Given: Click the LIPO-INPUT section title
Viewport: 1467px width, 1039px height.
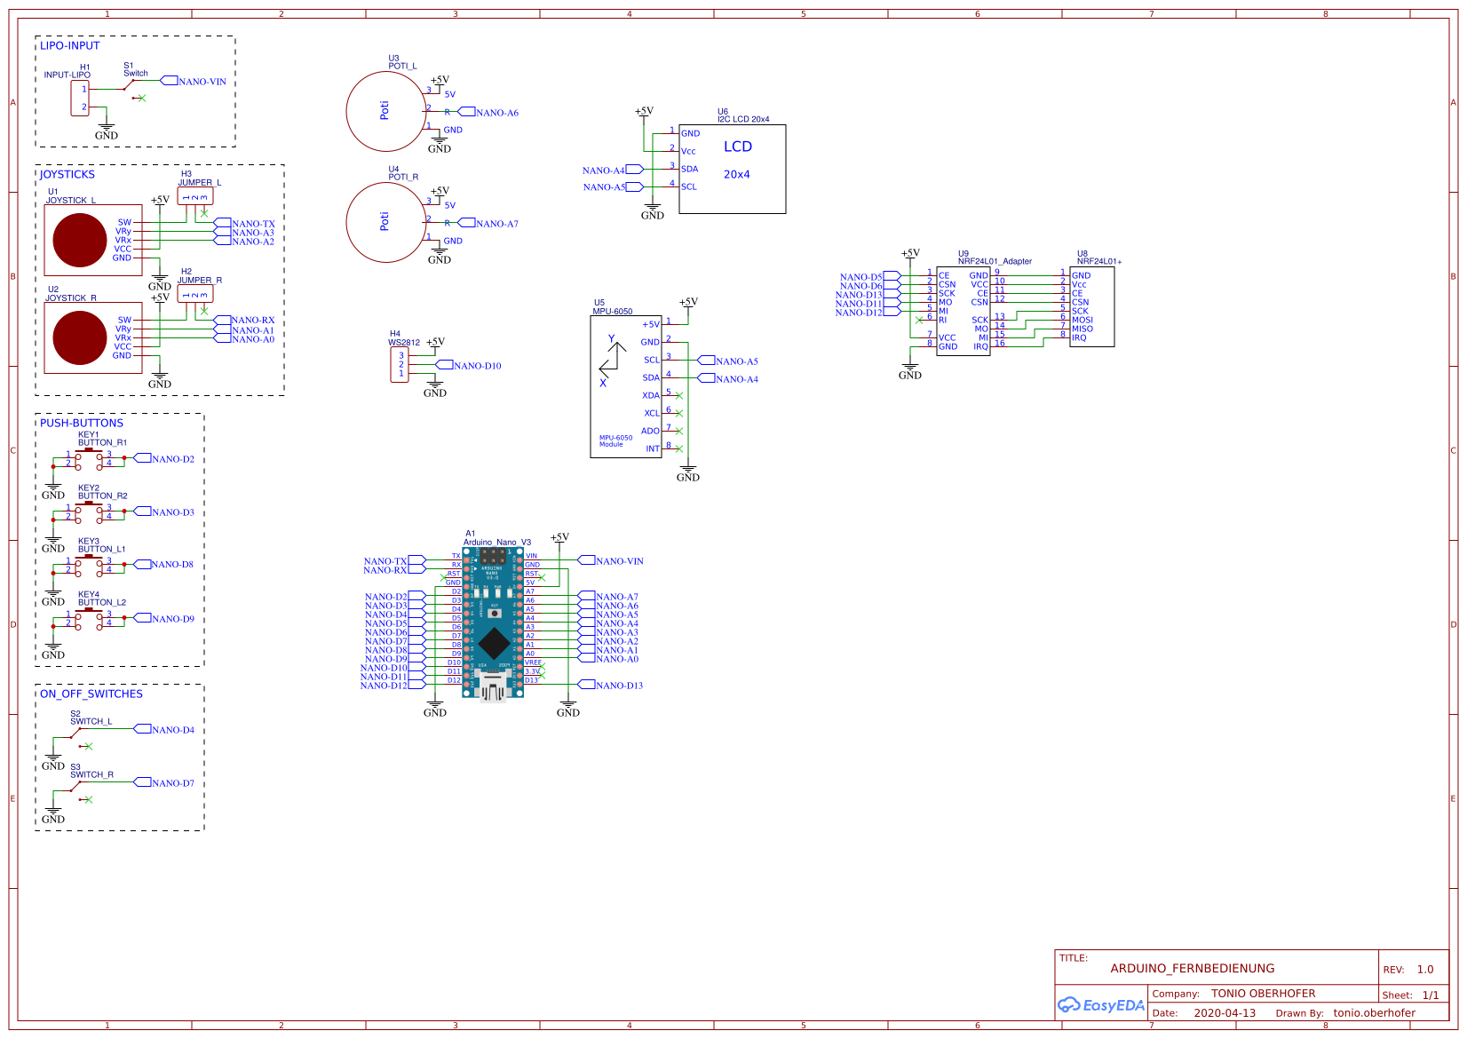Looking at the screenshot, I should tap(69, 45).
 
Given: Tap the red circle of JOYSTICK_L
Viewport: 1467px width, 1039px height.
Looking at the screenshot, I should tap(80, 240).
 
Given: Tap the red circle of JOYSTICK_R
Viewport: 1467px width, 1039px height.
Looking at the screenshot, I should tap(80, 337).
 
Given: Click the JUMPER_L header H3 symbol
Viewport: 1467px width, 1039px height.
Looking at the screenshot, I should tap(194, 196).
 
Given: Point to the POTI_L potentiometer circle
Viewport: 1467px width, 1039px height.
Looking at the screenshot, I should tap(385, 111).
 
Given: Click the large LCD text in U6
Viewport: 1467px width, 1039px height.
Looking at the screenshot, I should tap(737, 147).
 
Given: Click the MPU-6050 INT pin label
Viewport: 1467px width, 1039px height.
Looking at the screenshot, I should tap(652, 448).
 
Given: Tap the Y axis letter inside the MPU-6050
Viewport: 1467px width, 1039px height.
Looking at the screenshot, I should tap(611, 338).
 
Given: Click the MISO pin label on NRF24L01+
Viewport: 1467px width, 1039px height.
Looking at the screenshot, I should tap(1082, 329).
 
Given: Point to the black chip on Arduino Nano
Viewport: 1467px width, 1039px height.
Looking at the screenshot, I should tap(493, 643).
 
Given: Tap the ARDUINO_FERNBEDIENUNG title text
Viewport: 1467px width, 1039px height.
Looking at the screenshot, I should tap(1192, 969).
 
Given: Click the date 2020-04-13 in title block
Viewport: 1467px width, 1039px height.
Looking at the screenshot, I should tap(1225, 1013).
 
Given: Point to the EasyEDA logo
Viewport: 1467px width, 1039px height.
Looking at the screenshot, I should tap(1100, 1005).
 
